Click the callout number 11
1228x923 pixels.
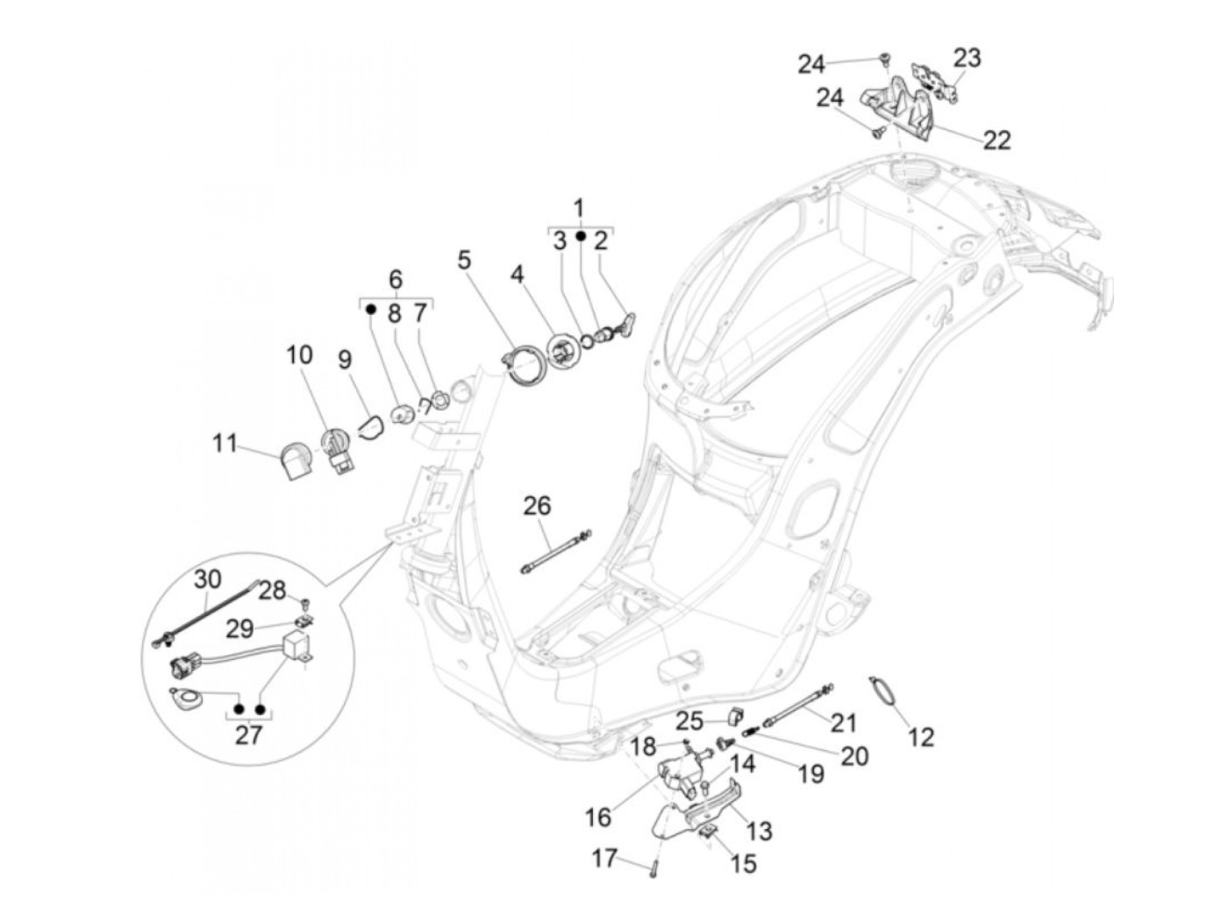click(225, 443)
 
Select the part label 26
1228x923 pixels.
click(538, 505)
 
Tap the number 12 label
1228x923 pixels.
click(921, 736)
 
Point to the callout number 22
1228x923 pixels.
click(996, 140)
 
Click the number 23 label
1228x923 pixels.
click(967, 59)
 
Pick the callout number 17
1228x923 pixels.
click(604, 857)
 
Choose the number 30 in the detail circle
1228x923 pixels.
click(208, 579)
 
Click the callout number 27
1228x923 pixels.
click(249, 734)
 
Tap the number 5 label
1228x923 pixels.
click(464, 260)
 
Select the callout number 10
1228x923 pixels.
click(298, 355)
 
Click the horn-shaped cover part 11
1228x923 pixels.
click(293, 461)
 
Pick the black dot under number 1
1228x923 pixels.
click(580, 236)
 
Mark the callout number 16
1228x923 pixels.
click(598, 818)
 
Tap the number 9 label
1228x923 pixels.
click(344, 359)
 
